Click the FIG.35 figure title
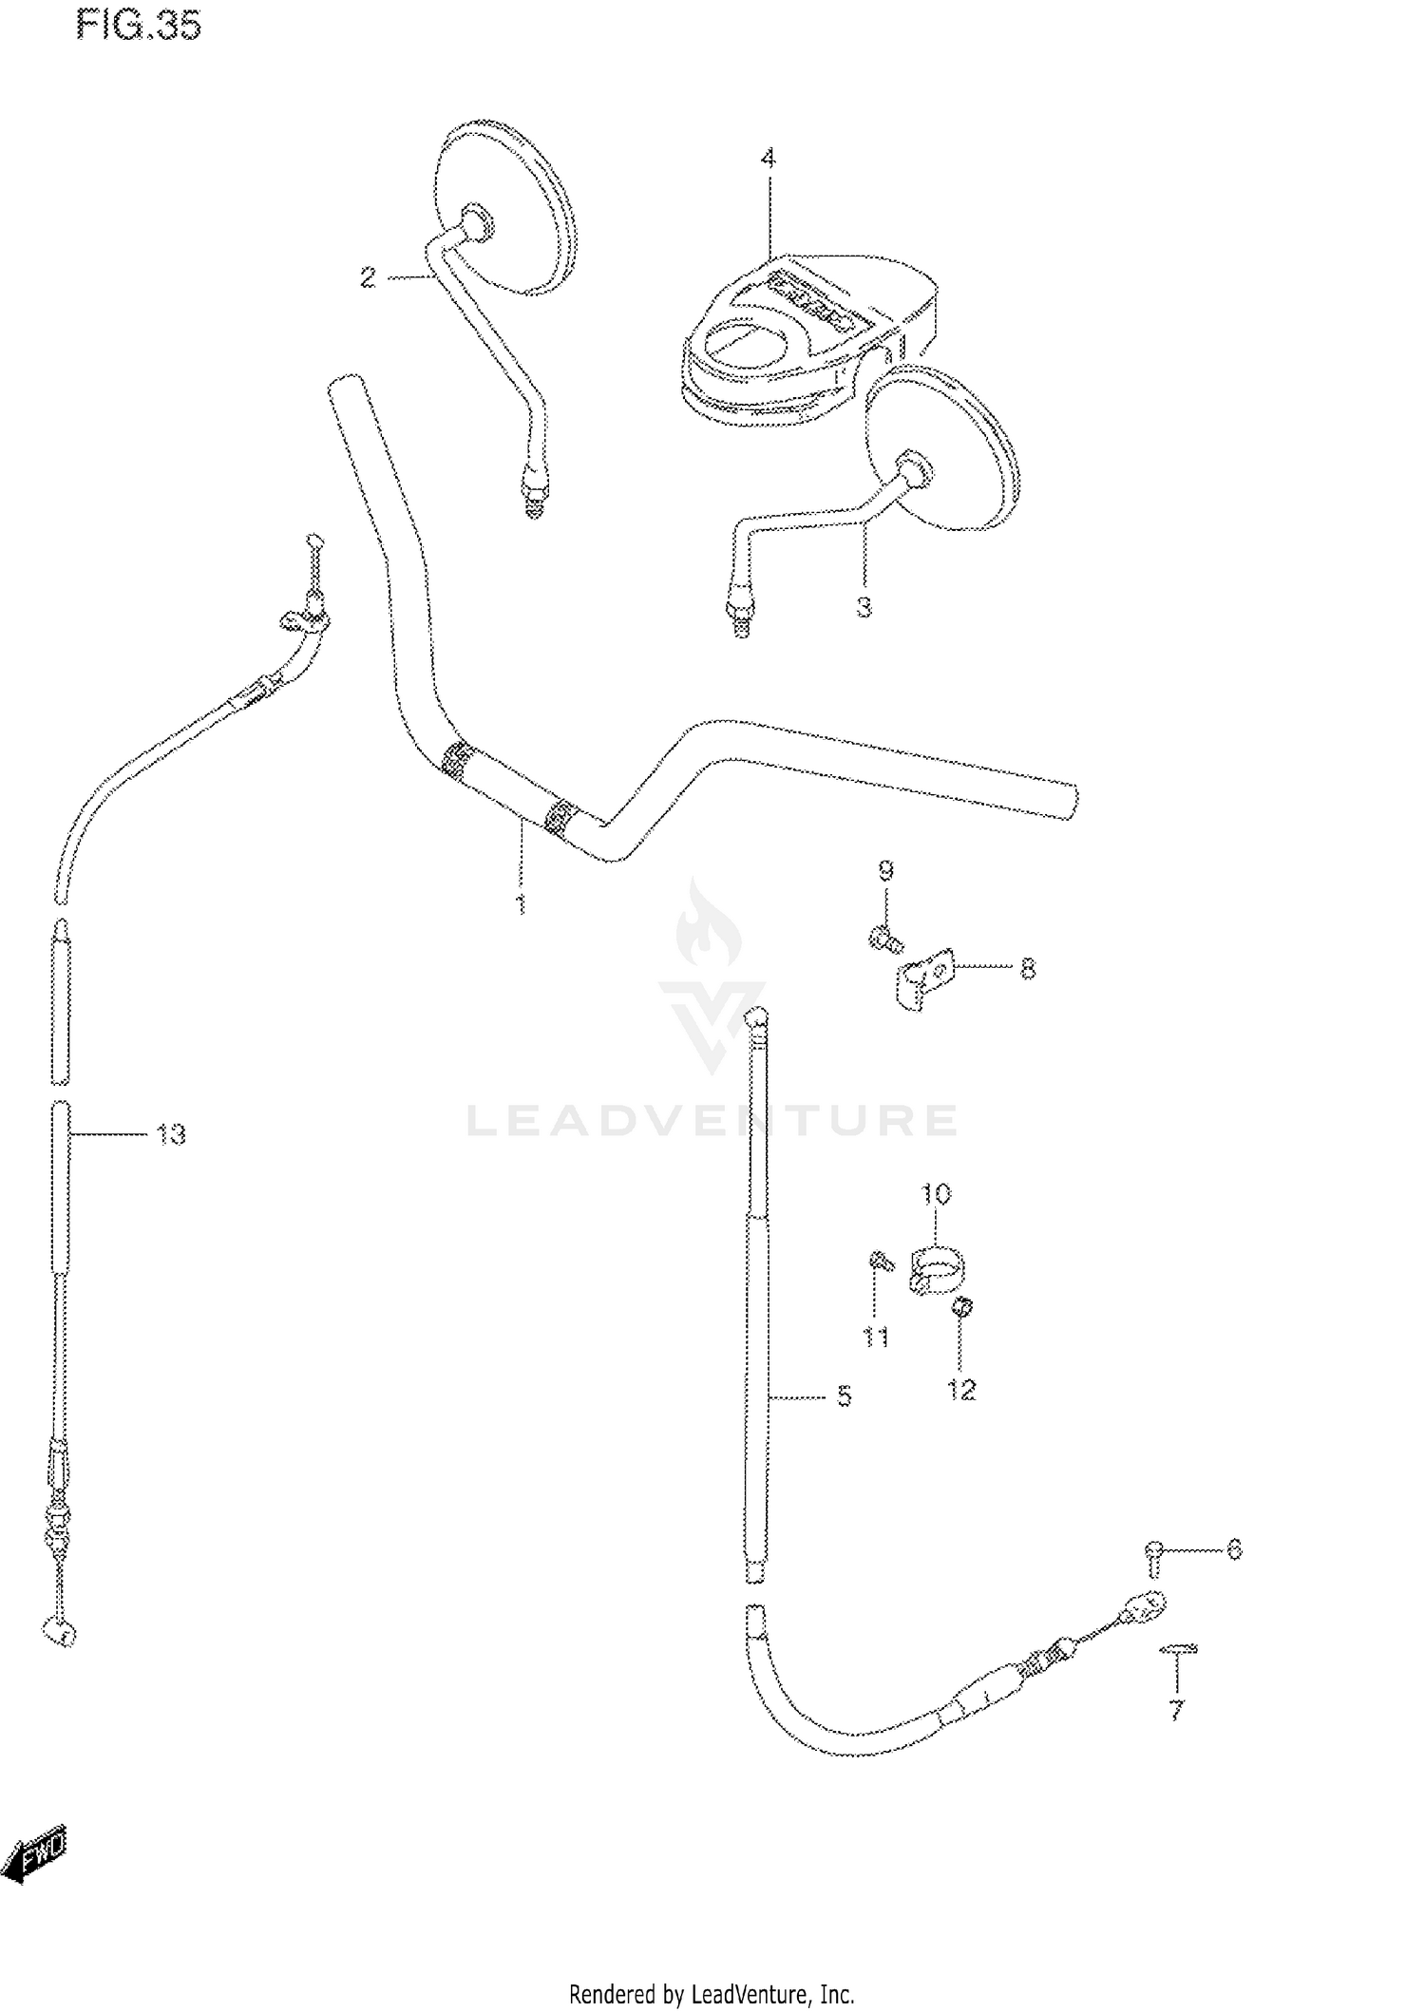pos(139,26)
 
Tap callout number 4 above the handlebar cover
pos(768,159)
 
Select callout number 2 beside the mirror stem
pos(368,278)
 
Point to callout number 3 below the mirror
pos(864,606)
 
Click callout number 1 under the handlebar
pos(521,903)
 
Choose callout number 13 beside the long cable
pos(171,1134)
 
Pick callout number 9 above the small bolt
pos(885,870)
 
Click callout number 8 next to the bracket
pos(1027,970)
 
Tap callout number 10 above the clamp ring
pos(937,1193)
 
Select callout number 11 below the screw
pos(875,1338)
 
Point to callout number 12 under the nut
pos(961,1390)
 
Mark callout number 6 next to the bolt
pos(1233,1549)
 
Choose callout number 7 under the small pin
pos(1177,1711)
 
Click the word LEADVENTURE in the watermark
pos(712,1121)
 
